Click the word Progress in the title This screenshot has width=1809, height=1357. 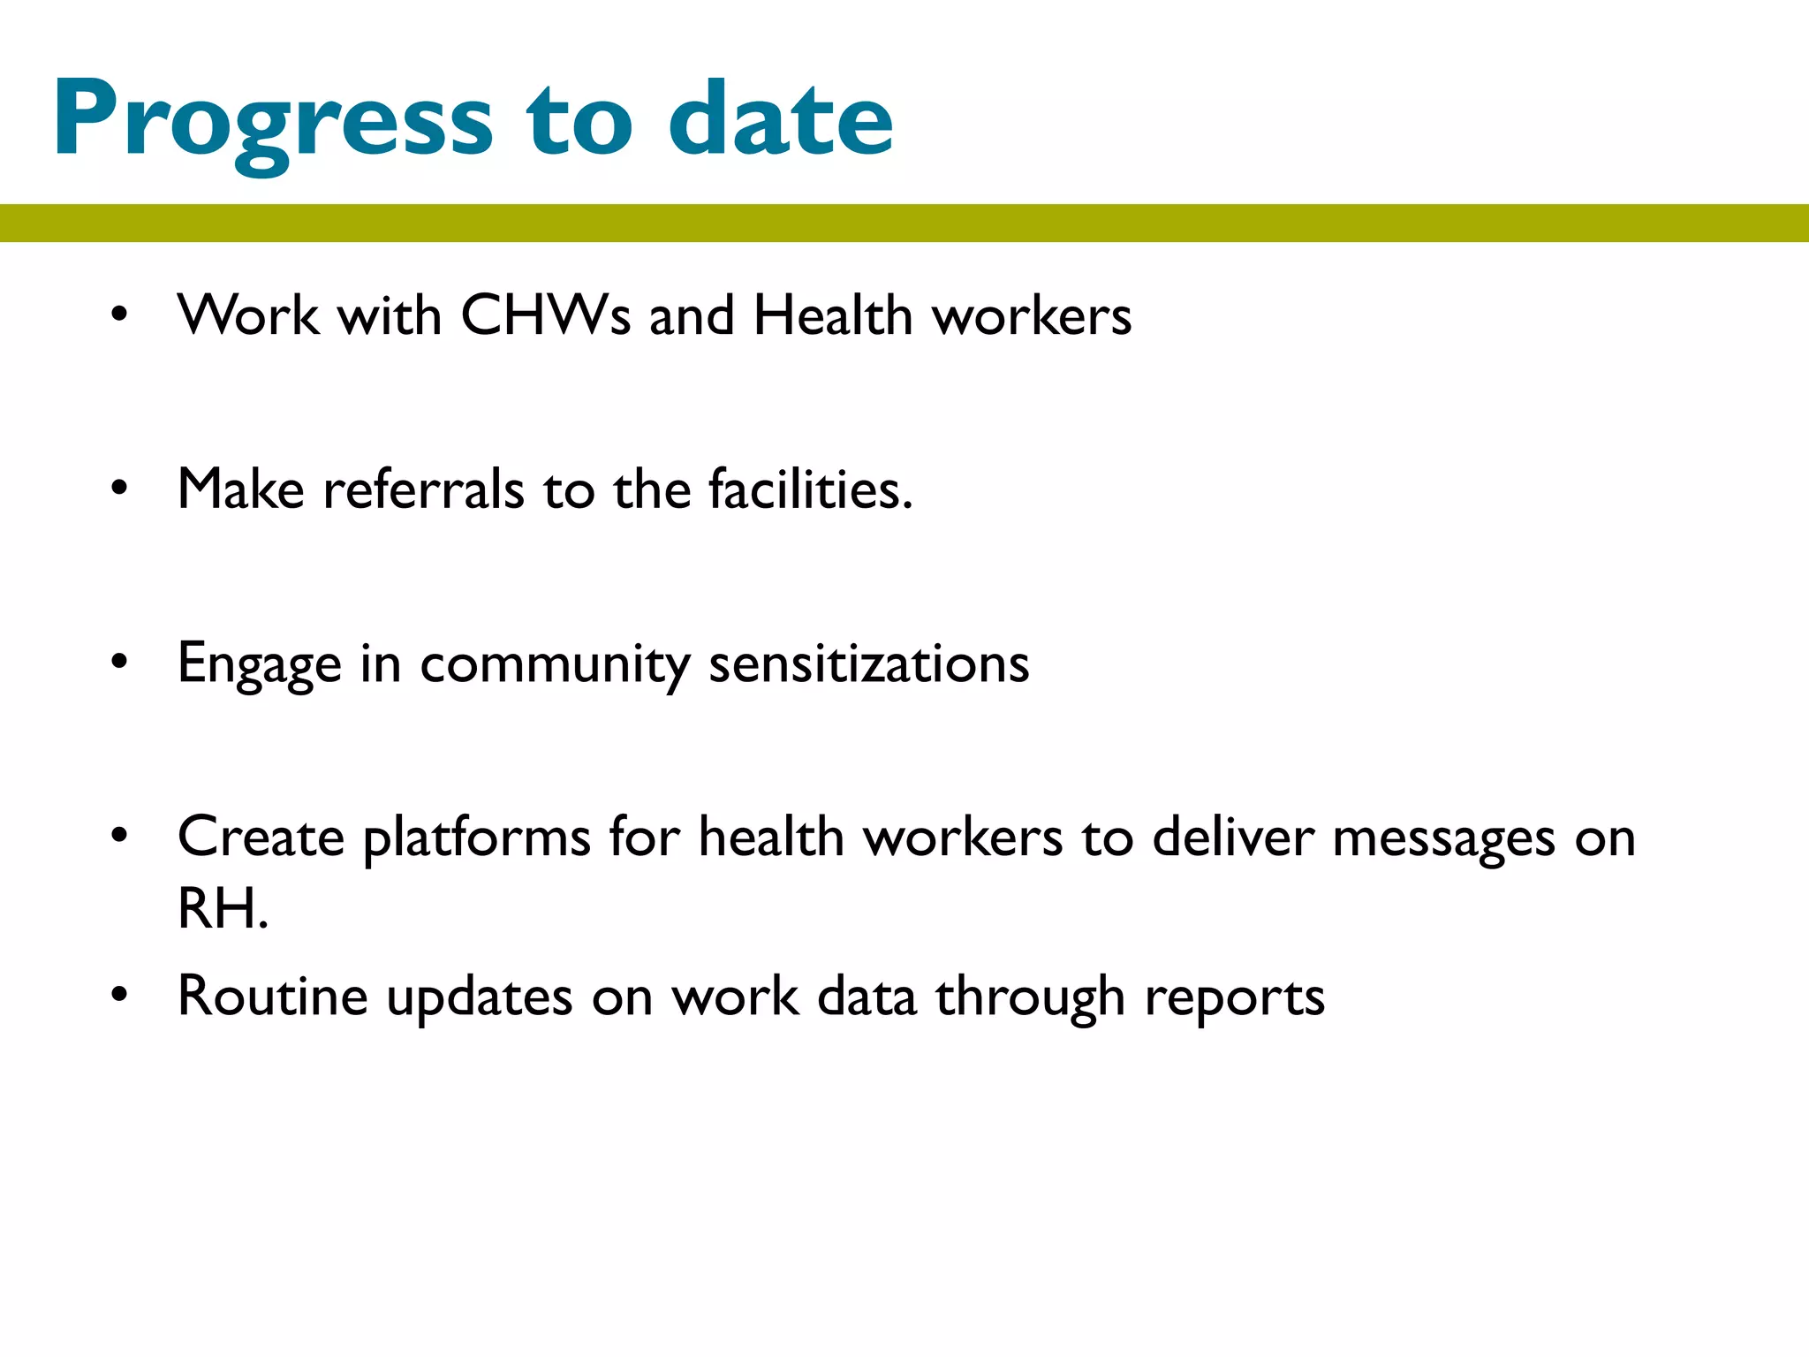coord(272,119)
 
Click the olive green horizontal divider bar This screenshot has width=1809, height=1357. coord(904,223)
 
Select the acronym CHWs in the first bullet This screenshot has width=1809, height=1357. coord(545,315)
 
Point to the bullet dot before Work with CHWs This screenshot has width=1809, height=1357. coord(119,315)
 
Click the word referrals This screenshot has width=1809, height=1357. coord(423,489)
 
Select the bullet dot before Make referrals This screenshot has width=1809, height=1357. coord(119,489)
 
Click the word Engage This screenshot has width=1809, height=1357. coord(259,664)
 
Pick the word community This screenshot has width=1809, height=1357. coord(555,664)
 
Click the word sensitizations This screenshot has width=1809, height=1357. coord(869,664)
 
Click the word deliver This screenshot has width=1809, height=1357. coord(1233,838)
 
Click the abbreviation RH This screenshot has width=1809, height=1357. coord(221,908)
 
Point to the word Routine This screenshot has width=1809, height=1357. coord(272,996)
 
